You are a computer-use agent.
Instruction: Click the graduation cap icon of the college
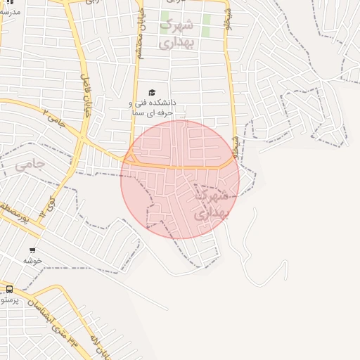(x=150, y=92)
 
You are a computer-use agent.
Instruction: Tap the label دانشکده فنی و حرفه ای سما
(x=153, y=107)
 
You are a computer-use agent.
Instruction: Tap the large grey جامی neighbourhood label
(x=30, y=165)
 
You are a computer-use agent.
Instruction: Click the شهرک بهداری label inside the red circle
(x=210, y=203)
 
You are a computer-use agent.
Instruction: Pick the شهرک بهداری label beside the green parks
(x=175, y=33)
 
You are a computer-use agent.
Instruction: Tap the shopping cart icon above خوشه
(x=33, y=250)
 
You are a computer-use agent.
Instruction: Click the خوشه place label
(x=32, y=260)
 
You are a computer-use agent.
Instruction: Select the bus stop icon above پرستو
(x=9, y=288)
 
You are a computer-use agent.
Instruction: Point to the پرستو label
(x=11, y=300)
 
